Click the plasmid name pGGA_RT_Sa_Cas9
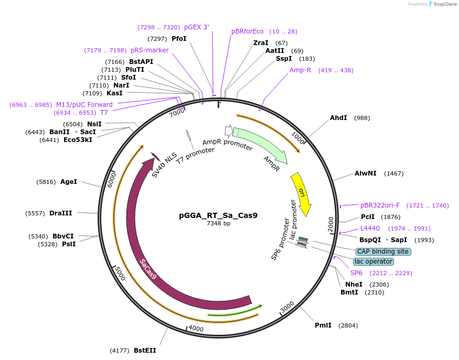pyautogui.click(x=218, y=215)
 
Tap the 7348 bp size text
pyautogui.click(x=218, y=223)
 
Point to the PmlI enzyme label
pyautogui.click(x=323, y=325)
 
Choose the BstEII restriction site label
pyautogui.click(x=145, y=350)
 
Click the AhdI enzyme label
pyautogui.click(x=338, y=118)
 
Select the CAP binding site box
pyautogui.click(x=383, y=252)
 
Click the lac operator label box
pyautogui.click(x=373, y=261)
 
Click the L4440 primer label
pyautogui.click(x=370, y=228)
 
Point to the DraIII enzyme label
pyautogui.click(x=61, y=213)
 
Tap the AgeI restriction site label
pyautogui.click(x=69, y=182)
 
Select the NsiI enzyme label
pyautogui.click(x=94, y=124)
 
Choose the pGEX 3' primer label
pyautogui.click(x=196, y=27)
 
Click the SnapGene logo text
pyautogui.click(x=444, y=4)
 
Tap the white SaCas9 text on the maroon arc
pyautogui.click(x=148, y=268)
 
